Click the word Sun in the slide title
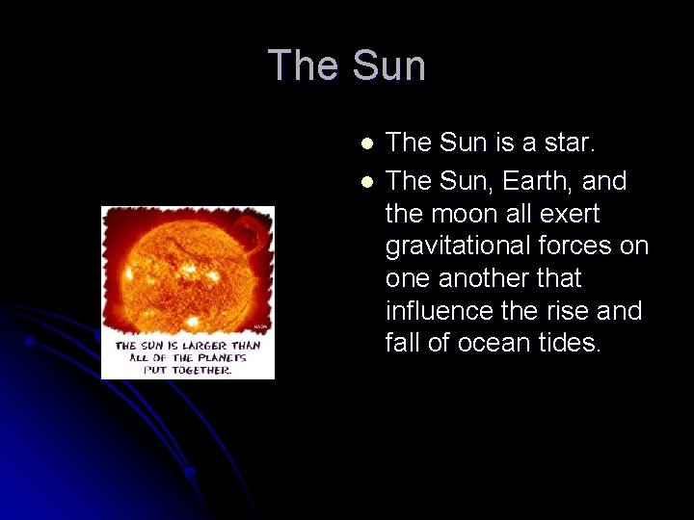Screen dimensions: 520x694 [x=388, y=66]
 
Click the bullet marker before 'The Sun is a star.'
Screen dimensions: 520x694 [x=366, y=143]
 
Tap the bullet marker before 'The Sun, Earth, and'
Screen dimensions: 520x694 [x=366, y=181]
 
